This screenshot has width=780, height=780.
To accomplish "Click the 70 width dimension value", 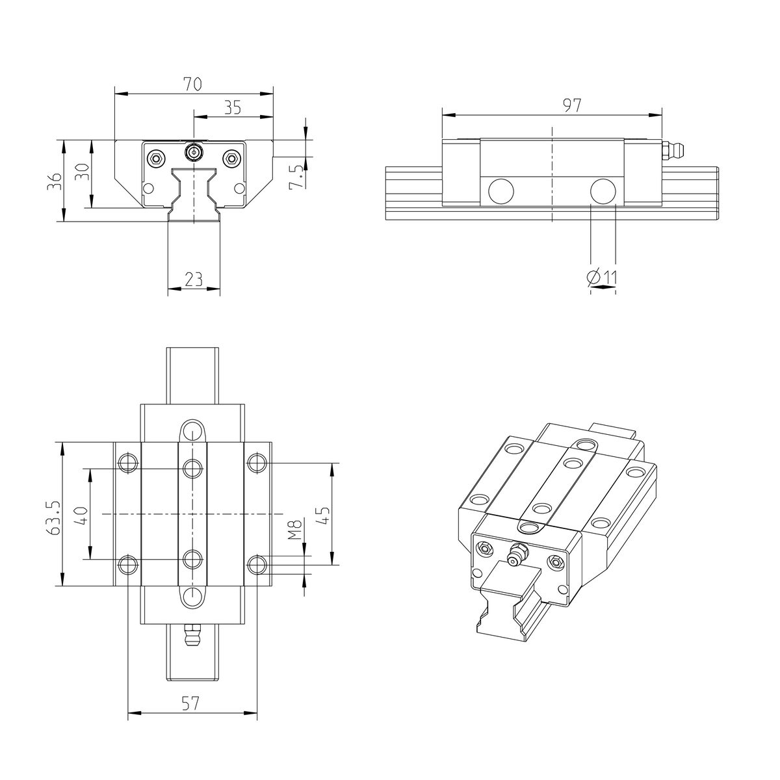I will tap(192, 84).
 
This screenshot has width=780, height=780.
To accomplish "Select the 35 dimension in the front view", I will tap(232, 107).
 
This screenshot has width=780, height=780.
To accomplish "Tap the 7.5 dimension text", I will tap(296, 177).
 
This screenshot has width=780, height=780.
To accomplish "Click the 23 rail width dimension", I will tap(193, 279).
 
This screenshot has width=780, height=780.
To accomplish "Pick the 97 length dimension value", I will tap(571, 105).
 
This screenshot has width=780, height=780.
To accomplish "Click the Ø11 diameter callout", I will tap(602, 278).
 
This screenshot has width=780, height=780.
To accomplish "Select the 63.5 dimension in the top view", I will tap(53, 517).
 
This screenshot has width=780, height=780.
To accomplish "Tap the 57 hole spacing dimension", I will tap(190, 703).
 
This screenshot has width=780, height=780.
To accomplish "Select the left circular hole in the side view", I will tap(500, 191).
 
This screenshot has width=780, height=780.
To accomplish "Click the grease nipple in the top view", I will tap(192, 636).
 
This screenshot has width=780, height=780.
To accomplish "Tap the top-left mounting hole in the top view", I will tap(127, 463).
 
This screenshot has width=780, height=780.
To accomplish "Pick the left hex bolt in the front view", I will tap(155, 158).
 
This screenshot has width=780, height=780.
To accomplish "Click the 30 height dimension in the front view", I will tap(81, 174).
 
